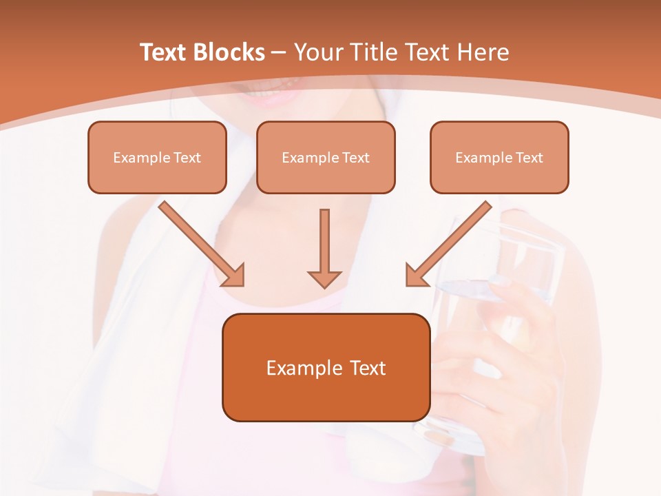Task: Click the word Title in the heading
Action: tap(377, 52)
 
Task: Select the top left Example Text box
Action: tap(157, 157)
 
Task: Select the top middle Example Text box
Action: tap(326, 157)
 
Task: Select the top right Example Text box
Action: tap(499, 157)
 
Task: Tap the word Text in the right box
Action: tap(529, 157)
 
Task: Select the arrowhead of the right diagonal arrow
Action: tap(417, 275)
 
